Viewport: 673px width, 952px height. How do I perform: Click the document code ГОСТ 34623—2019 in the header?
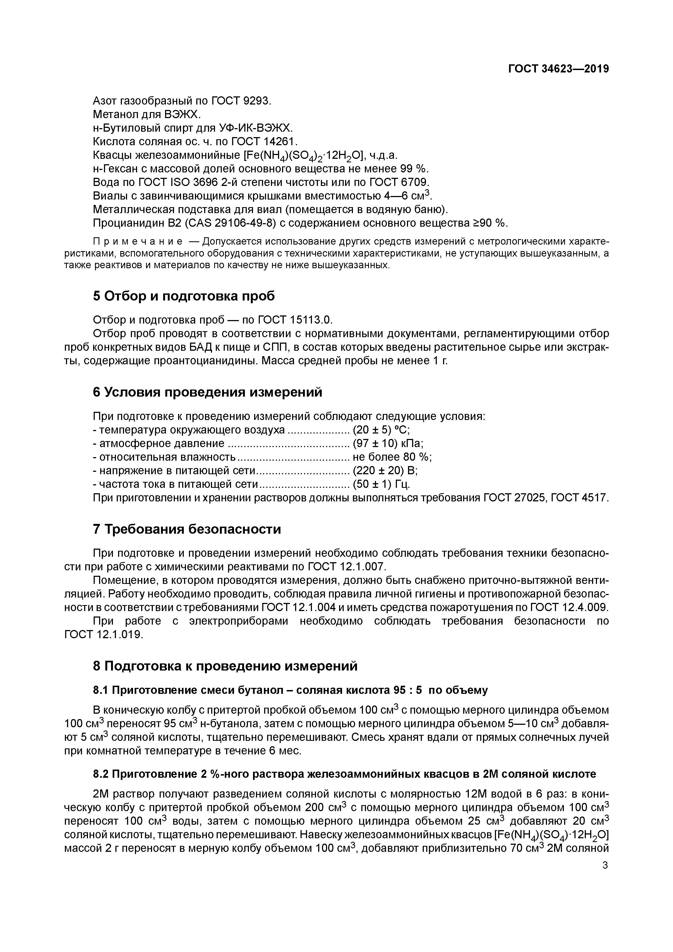click(558, 69)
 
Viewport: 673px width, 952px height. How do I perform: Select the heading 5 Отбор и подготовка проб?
click(184, 296)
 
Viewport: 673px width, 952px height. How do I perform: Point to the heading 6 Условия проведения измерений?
click(207, 392)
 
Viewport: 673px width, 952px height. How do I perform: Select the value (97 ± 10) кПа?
click(388, 444)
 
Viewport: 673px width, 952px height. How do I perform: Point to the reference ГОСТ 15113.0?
click(295, 320)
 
